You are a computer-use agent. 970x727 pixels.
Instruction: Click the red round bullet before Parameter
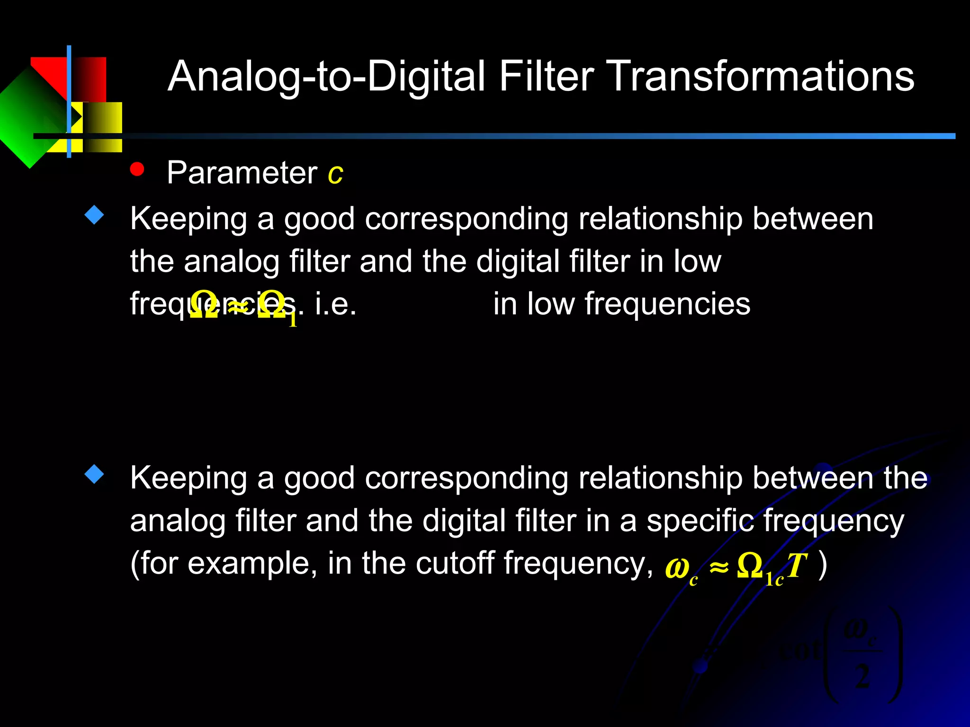click(x=137, y=169)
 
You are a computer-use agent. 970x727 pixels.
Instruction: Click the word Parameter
click(x=242, y=173)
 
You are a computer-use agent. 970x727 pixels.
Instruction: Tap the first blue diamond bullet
click(x=94, y=215)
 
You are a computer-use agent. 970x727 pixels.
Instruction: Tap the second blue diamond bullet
click(x=94, y=474)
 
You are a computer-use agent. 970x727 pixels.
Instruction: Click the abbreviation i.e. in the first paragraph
click(x=335, y=304)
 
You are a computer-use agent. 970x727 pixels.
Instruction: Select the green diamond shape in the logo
click(x=28, y=118)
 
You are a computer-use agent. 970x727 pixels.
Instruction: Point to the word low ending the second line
click(x=697, y=261)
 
